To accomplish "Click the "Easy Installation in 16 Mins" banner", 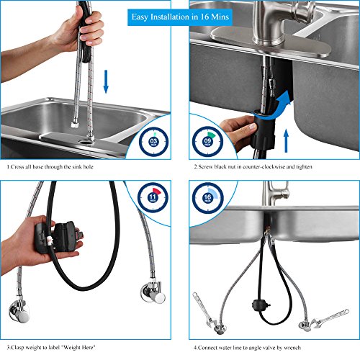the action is [180, 17].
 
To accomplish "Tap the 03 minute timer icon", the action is [153, 142].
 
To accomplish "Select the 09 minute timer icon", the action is [207, 141].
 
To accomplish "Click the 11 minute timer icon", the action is [153, 197].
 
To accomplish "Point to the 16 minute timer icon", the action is [207, 198].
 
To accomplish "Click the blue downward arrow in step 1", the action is [106, 81].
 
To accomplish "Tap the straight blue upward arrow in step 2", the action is [286, 140].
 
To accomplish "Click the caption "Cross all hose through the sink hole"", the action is [50, 167].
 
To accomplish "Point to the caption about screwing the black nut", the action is [253, 166].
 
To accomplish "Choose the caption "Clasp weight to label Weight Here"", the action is [51, 347].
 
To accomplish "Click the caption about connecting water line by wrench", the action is [247, 348].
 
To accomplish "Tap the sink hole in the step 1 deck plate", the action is [85, 142].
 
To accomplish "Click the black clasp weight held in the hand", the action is [58, 237].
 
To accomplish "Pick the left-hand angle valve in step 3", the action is [19, 311].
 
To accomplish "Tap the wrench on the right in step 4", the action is [330, 318].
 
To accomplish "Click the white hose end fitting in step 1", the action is [74, 125].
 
